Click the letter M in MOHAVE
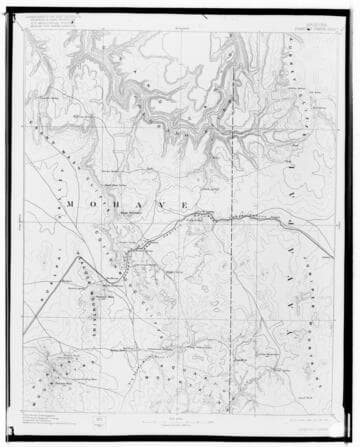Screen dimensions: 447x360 click(x=73, y=203)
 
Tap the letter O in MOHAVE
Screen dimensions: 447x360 click(x=99, y=203)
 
